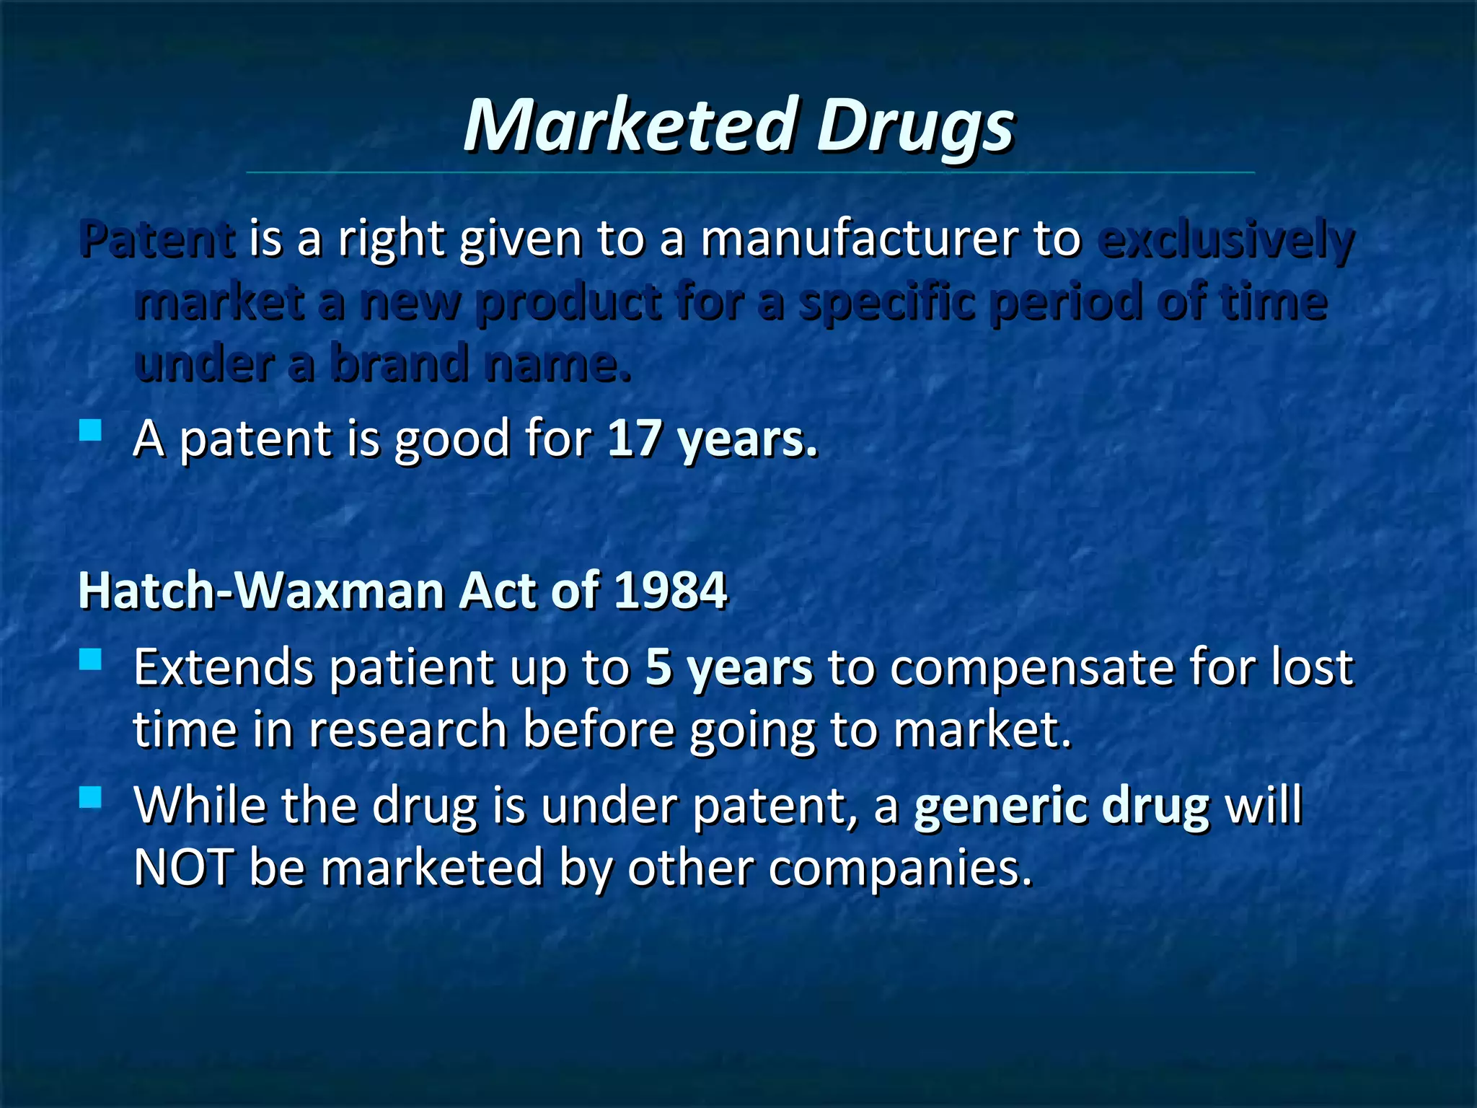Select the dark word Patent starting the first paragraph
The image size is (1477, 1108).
click(x=157, y=239)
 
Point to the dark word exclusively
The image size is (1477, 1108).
click(x=1225, y=241)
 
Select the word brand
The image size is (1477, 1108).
click(x=399, y=364)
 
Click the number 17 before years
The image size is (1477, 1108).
click(x=633, y=439)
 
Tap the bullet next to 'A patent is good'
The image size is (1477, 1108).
click(x=91, y=431)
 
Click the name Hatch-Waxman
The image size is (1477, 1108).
click(x=261, y=591)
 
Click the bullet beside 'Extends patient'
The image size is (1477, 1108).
click(x=91, y=659)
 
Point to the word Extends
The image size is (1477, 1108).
click(x=224, y=667)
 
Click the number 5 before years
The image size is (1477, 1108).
click(x=658, y=667)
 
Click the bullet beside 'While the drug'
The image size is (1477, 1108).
click(x=91, y=797)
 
